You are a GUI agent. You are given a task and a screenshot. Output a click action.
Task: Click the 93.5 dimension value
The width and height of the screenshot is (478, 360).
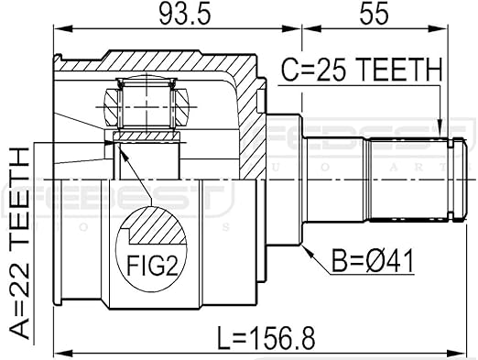pos(185,13)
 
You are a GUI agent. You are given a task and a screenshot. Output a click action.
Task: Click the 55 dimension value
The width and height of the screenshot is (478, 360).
pos(375,13)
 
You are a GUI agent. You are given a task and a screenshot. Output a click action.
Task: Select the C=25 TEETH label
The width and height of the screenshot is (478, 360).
pos(361,70)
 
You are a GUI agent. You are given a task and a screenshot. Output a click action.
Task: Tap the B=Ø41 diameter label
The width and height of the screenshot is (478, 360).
pos(373,260)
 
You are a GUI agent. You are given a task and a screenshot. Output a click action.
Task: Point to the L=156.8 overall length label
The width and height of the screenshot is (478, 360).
pos(266,338)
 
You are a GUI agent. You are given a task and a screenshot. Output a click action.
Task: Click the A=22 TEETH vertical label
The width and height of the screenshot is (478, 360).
pos(20,243)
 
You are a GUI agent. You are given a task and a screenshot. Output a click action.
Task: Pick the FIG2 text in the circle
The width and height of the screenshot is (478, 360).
pos(152,266)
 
